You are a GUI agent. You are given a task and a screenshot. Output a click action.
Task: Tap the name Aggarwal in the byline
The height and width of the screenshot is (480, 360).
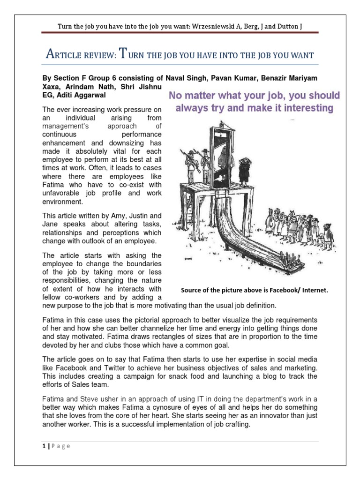coord(92,95)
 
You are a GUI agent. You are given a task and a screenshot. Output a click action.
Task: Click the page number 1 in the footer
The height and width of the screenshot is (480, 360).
coord(42,446)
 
